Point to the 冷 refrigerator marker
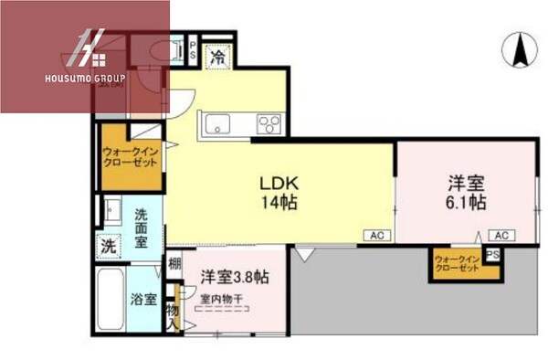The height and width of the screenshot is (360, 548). [218, 57]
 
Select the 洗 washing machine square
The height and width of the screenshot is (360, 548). [109, 245]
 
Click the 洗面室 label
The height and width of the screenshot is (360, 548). [143, 228]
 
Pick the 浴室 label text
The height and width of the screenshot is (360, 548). [143, 299]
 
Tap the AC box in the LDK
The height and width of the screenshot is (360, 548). [376, 235]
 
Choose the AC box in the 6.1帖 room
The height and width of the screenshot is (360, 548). [501, 235]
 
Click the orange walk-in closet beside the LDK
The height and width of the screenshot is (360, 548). [129, 155]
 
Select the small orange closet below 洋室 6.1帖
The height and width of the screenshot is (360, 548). [457, 265]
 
